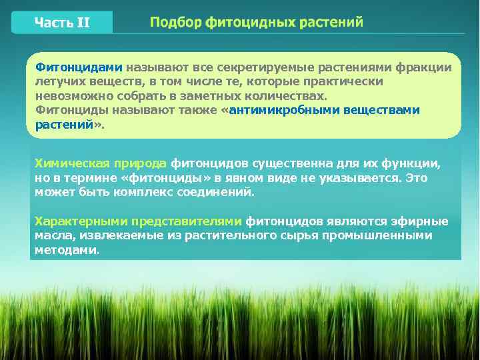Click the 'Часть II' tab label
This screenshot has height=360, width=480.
pos(61,23)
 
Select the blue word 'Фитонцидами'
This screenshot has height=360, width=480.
pos(79,67)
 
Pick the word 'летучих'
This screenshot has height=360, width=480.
pos(57,81)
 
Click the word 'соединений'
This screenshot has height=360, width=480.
pos(220,192)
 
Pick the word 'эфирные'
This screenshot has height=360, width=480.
pos(423,221)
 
